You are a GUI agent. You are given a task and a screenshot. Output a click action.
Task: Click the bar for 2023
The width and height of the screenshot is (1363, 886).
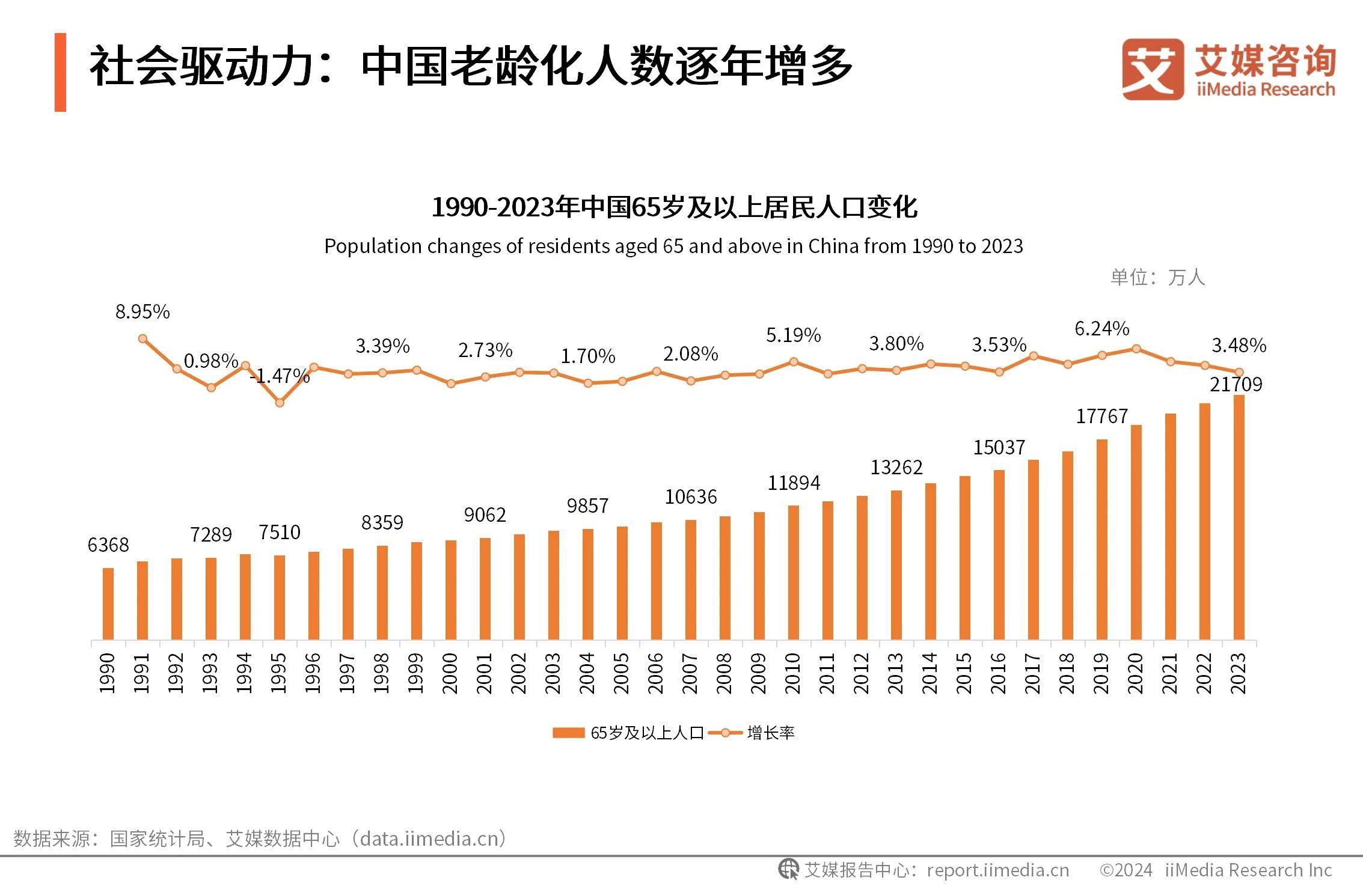[1239, 517]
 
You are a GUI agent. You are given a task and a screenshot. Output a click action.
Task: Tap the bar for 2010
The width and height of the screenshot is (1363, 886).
[794, 572]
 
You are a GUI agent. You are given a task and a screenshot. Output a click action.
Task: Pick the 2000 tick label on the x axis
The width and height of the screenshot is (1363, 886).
[450, 673]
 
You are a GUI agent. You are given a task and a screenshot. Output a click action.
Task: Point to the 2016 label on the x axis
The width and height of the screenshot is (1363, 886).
[999, 673]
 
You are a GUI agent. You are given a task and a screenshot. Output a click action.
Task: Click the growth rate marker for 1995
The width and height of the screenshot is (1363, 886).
[280, 403]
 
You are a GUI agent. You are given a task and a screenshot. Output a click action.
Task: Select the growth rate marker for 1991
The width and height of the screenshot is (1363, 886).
[142, 338]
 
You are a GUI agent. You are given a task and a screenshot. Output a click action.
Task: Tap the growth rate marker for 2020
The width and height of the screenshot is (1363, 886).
[1136, 349]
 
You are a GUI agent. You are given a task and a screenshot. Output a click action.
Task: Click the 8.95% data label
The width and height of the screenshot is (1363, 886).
[142, 311]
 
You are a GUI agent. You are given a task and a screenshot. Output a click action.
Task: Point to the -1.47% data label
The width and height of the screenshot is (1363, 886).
[280, 376]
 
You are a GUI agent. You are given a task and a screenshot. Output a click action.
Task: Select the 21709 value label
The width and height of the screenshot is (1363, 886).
[1236, 384]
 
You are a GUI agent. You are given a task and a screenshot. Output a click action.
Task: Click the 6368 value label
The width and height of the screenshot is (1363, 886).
[108, 545]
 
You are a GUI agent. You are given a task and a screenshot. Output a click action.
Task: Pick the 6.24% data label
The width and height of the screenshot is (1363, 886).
[1101, 328]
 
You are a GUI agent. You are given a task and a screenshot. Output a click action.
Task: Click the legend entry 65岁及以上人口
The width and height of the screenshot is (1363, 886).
[628, 733]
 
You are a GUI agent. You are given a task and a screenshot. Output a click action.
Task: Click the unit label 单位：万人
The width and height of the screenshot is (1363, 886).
[1157, 277]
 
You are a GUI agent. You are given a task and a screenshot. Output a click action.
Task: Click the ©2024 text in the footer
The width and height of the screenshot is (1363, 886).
[1126, 870]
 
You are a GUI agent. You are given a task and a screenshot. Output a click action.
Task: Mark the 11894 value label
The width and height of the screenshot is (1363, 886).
[794, 483]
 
